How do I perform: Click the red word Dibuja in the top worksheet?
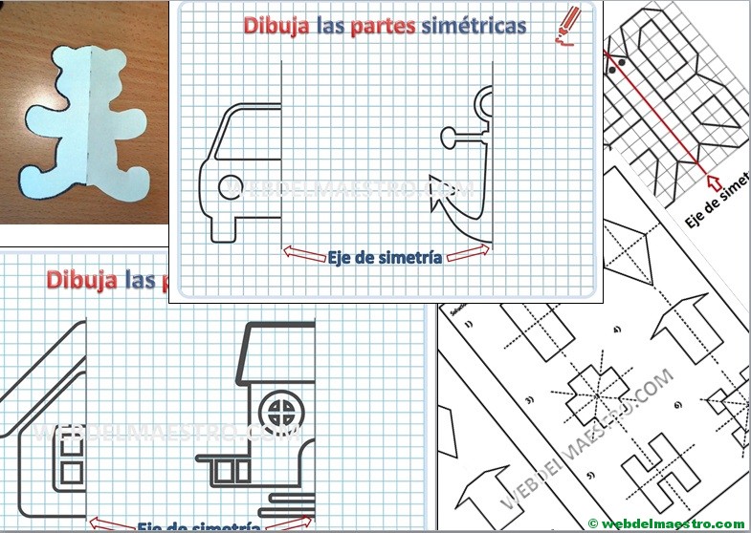tap(276, 26)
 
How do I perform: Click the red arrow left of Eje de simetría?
tap(303, 252)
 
